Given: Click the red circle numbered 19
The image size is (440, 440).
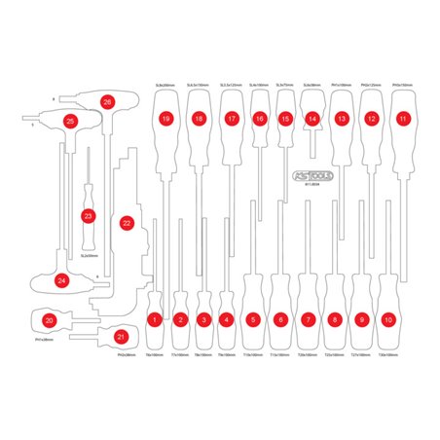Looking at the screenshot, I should coord(166,119).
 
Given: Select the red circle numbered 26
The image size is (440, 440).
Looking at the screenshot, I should coord(107,101).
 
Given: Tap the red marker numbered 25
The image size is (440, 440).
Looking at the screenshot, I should coord(70,121).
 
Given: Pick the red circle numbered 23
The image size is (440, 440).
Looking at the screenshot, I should coord(89,215).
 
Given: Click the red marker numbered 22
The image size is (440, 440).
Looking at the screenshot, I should coord(127,223).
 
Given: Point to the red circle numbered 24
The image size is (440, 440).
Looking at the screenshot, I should coord(62,280).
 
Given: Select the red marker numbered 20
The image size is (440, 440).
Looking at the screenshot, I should coord(50,319).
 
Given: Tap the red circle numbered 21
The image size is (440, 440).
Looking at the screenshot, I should coord(121,336).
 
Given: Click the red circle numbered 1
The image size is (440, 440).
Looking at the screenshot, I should coord(154,318).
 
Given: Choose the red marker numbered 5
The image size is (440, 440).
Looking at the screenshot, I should coord(253,318).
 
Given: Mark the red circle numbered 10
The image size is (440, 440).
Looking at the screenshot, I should coord(389,318).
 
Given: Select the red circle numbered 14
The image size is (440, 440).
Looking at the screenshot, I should coord(312,119).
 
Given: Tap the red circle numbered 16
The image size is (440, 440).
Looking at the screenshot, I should coord(259,119).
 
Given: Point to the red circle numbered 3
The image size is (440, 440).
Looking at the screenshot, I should coord(202,318).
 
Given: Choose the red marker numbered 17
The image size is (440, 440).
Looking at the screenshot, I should coord(231,119).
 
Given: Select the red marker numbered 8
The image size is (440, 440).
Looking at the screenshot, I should coord(335,318).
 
